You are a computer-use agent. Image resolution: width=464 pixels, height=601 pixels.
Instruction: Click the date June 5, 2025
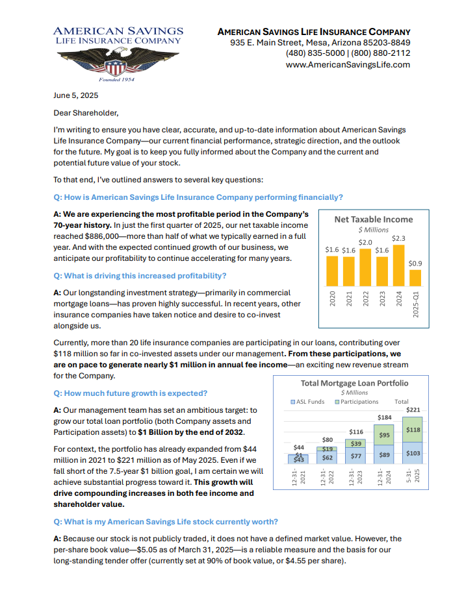75,95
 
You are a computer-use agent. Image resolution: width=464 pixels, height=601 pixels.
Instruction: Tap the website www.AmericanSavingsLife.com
348,64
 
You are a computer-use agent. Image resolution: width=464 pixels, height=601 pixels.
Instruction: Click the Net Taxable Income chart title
373,219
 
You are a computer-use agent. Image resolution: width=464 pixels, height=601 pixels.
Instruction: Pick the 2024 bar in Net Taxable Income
399,275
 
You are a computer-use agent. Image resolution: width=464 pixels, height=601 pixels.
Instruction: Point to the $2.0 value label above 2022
365,242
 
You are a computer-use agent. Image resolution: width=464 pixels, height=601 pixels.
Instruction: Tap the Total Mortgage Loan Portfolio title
354,383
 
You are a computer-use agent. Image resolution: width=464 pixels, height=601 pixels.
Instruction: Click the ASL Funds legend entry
308,402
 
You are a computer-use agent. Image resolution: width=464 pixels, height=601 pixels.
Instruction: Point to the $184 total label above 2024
384,417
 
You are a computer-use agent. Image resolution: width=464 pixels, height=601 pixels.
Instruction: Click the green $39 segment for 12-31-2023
356,443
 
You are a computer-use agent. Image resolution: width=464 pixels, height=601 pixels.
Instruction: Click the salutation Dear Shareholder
86,113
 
